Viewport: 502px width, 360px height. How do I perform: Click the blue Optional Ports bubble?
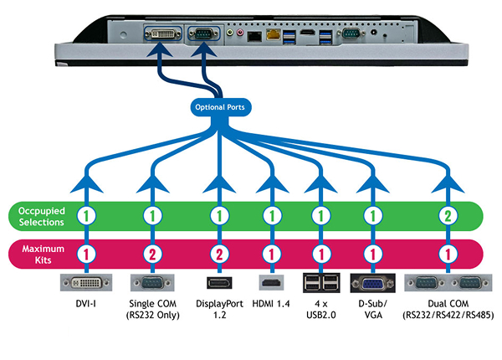pyautogui.click(x=218, y=107)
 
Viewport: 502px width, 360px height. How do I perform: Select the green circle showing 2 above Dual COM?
pyautogui.click(x=448, y=215)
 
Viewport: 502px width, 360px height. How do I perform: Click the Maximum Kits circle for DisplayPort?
pyautogui.click(x=219, y=252)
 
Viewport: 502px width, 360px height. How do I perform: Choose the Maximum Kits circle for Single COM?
pyautogui.click(x=151, y=252)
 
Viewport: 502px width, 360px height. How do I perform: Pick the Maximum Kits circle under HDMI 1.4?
pyautogui.click(x=269, y=252)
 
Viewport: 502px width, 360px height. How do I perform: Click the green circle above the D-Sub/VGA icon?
pyautogui.click(x=369, y=215)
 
